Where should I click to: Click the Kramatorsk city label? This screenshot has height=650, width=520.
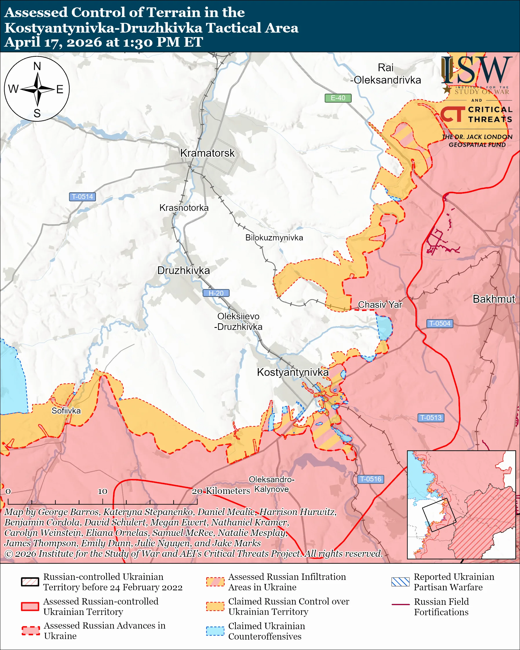(207, 153)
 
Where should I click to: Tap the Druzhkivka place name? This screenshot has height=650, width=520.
(183, 270)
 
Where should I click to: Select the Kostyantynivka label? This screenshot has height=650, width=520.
(292, 372)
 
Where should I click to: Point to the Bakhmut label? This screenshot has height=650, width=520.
(494, 299)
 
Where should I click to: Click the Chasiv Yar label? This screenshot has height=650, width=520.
(380, 304)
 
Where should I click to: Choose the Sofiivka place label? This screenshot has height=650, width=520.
(66, 411)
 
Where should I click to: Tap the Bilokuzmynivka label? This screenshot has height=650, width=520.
(274, 238)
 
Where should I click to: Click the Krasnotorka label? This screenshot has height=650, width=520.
(184, 208)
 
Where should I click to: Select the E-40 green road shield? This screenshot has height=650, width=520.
(337, 98)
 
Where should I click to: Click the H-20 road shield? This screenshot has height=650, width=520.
(216, 293)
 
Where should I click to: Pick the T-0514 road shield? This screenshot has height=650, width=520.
(82, 197)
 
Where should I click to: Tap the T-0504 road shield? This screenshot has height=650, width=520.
(439, 324)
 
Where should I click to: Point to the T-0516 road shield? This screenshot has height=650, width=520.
(371, 479)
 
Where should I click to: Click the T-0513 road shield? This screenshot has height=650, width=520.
(431, 418)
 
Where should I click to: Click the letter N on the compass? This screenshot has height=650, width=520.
(37, 66)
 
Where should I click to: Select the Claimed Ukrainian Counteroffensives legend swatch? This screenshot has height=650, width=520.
(215, 631)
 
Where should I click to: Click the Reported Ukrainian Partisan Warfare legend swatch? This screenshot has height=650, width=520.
(400, 582)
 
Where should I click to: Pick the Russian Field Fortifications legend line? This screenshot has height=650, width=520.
(400, 605)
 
